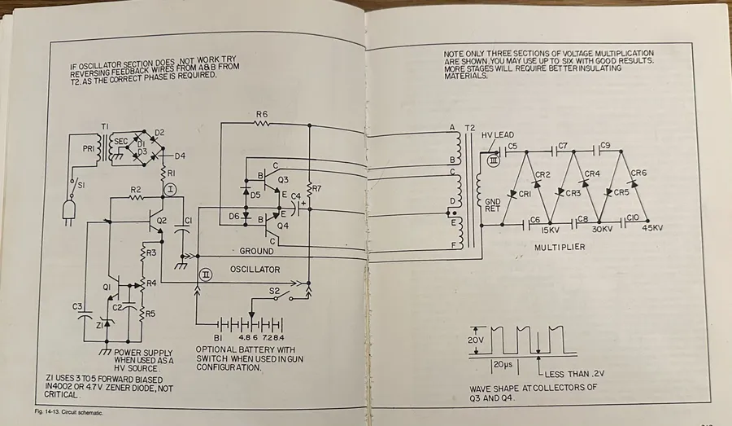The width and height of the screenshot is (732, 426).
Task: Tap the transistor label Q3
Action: [x=283, y=180]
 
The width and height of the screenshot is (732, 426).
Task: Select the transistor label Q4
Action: [x=283, y=226]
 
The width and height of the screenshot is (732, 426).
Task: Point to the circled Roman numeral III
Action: [x=492, y=160]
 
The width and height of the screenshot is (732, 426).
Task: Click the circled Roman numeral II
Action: [x=206, y=275]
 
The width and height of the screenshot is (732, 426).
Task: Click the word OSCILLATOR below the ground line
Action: [x=254, y=270]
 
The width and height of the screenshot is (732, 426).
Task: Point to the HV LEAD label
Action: [x=498, y=135]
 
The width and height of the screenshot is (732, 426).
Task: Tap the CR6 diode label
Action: [x=638, y=173]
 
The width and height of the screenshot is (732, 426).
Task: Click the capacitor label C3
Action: [x=78, y=306]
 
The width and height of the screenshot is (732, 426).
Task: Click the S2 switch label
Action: [x=274, y=290]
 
